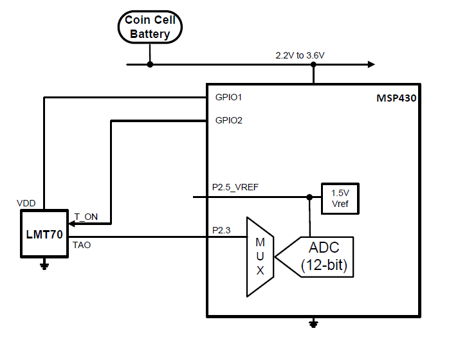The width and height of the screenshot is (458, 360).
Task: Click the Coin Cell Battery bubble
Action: click(x=150, y=28)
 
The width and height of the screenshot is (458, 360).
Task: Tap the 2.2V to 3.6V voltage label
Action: click(x=300, y=55)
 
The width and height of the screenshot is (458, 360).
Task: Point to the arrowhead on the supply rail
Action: click(x=371, y=64)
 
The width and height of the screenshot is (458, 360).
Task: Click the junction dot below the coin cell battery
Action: click(x=150, y=64)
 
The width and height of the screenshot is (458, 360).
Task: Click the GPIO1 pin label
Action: click(x=228, y=98)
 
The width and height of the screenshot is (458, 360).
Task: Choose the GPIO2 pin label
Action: click(x=228, y=120)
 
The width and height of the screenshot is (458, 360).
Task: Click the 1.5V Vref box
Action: click(x=340, y=198)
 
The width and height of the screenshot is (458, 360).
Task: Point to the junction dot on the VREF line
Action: click(x=309, y=197)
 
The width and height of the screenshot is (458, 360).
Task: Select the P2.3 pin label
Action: click(x=221, y=230)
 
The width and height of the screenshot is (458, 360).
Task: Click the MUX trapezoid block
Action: click(x=260, y=256)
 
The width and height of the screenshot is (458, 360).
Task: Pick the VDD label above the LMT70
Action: click(x=26, y=203)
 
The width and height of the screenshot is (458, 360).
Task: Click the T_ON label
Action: click(x=86, y=217)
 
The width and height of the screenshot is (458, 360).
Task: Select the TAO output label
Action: click(x=82, y=245)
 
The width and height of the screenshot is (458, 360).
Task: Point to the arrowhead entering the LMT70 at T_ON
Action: click(x=73, y=224)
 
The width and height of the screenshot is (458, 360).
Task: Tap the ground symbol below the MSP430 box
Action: click(x=313, y=324)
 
